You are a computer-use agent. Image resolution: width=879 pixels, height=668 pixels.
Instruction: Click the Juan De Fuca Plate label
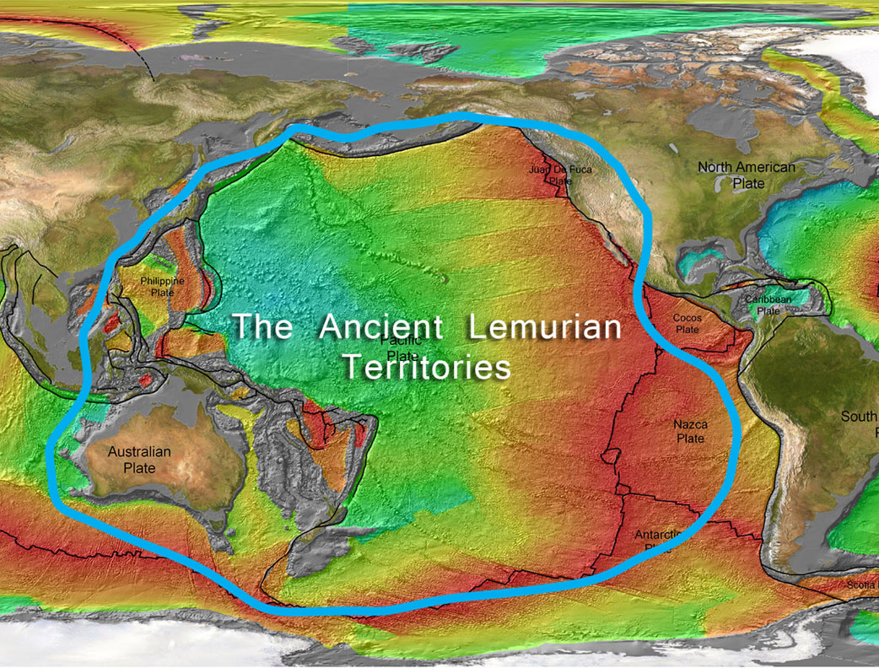tap(560, 175)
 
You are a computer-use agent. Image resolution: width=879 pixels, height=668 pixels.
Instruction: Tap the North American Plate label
tap(746, 175)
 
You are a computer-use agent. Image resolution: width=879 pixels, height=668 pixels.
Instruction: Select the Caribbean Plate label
tap(768, 304)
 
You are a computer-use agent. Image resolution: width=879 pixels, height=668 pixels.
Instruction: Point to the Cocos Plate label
tap(687, 323)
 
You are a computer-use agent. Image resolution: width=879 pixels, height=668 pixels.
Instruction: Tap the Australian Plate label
tap(139, 459)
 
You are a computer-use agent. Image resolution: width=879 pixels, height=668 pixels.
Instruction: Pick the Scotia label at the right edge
tap(862, 584)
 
